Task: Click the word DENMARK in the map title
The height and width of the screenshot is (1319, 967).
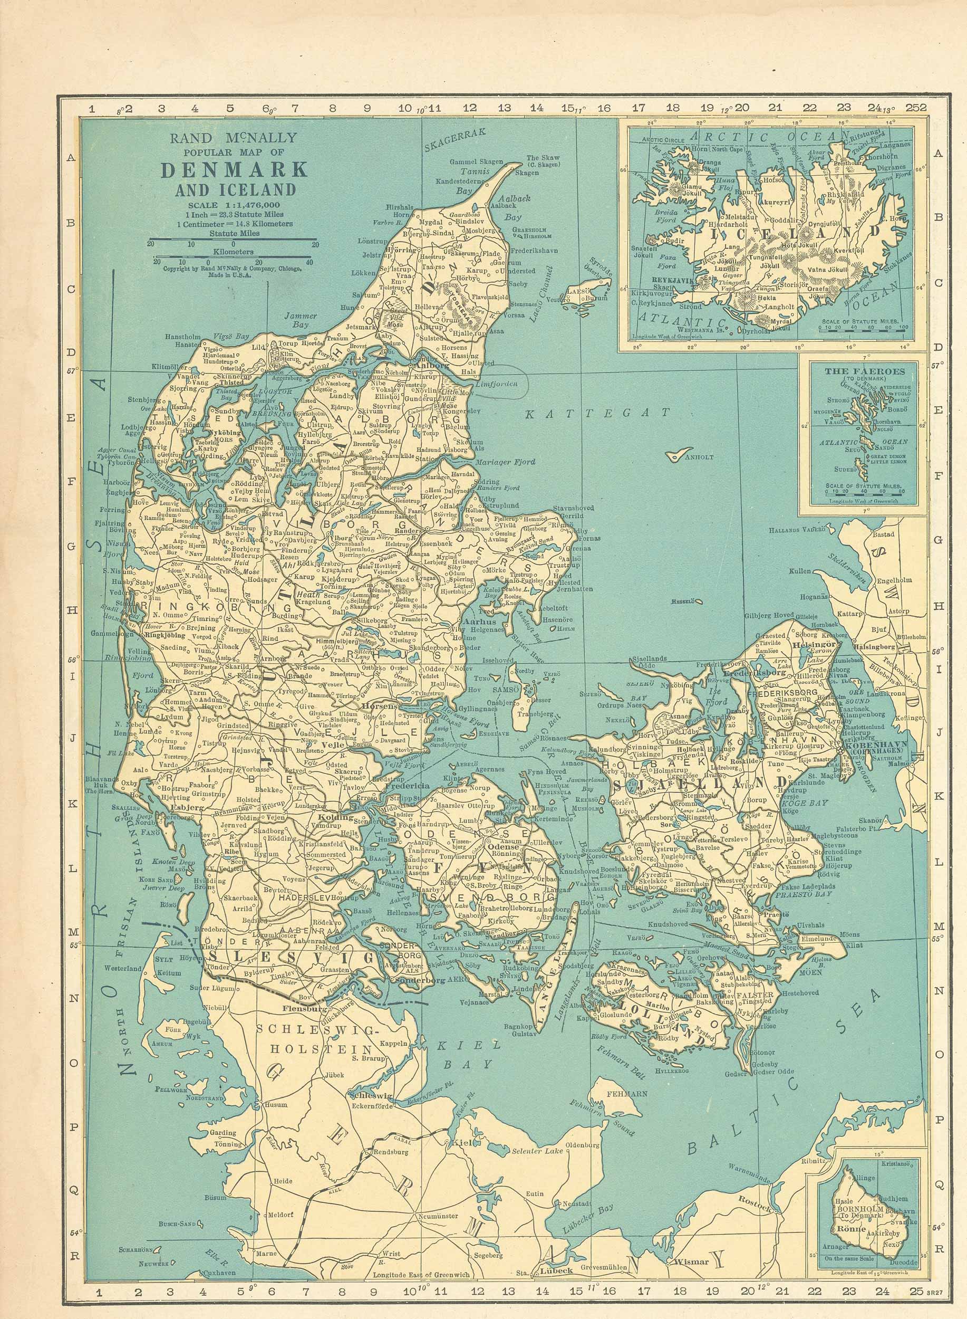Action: point(234,170)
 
